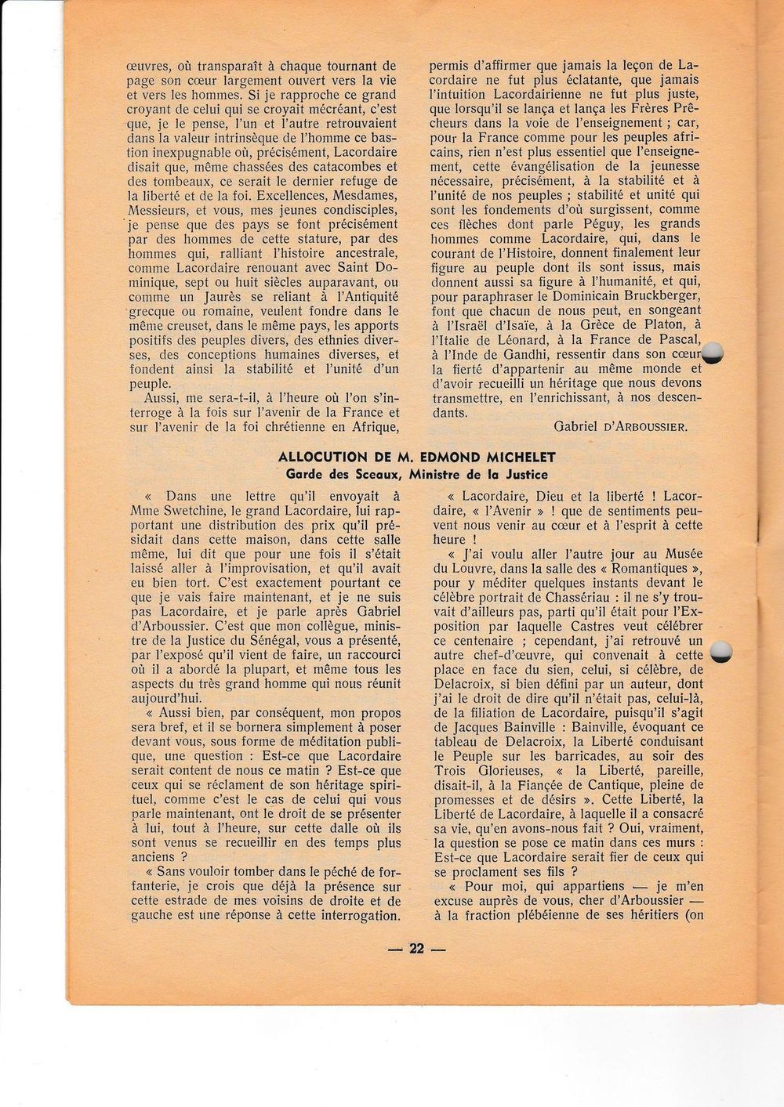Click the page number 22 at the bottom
tap(416, 949)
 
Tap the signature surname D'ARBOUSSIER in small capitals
tap(646, 426)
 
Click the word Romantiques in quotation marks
tap(650, 569)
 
